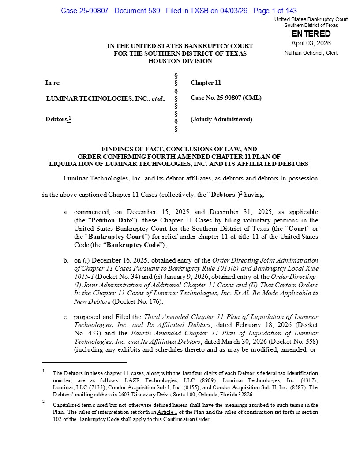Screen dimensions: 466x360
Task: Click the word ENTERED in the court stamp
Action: [311, 34]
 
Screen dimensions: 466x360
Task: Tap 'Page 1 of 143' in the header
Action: [275, 11]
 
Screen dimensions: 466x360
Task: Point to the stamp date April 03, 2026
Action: [311, 43]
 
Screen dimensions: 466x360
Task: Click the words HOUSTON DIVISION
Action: [180, 61]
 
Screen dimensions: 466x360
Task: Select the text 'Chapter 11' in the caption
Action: [206, 83]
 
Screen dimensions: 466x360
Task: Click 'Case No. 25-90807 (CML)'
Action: [226, 98]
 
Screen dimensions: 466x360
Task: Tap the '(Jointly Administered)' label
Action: [221, 119]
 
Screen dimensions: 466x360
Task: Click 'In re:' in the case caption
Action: [53, 83]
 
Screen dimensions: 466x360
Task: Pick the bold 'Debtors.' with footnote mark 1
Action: [58, 119]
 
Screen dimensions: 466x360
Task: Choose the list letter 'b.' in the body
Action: [66, 260]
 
